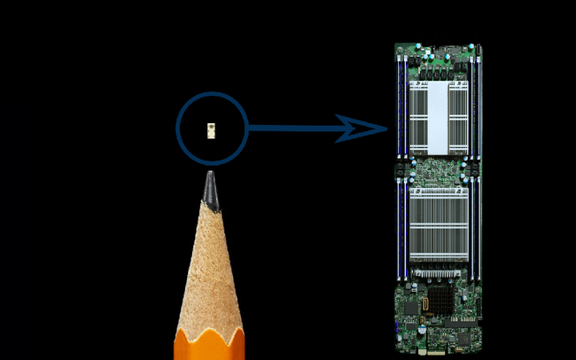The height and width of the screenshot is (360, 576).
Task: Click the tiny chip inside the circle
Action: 211,129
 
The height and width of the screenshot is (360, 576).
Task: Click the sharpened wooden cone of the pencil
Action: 210,266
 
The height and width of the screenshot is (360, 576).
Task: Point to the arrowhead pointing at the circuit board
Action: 365,129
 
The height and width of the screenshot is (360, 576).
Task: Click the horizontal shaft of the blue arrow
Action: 292,129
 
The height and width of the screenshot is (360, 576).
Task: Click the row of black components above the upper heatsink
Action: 439,67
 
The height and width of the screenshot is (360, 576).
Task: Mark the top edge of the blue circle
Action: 211,93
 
